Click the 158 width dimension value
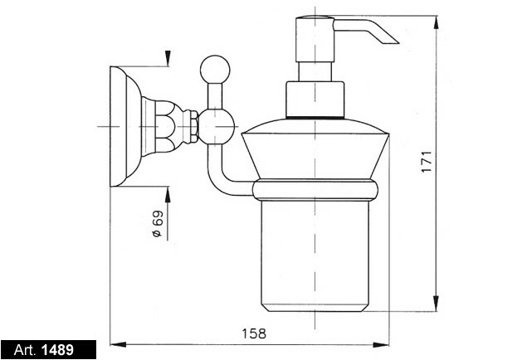pyautogui.click(x=254, y=333)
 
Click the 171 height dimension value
pyautogui.click(x=427, y=162)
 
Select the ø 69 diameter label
pyautogui.click(x=157, y=224)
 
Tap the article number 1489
pyautogui.click(x=57, y=350)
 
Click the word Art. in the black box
pyautogui.click(x=25, y=350)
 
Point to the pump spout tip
pyautogui.click(x=398, y=43)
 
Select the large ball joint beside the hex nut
pyautogui.click(x=217, y=127)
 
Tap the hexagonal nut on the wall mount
pyautogui.click(x=194, y=127)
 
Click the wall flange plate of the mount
pyautogui.click(x=119, y=127)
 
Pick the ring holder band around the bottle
pyautogui.click(x=315, y=190)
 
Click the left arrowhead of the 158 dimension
pyautogui.click(x=119, y=344)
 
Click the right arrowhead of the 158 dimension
pyautogui.click(x=381, y=344)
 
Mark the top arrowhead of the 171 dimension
pyautogui.click(x=436, y=23)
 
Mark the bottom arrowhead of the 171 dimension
pyautogui.click(x=436, y=304)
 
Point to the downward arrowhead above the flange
pyautogui.click(x=168, y=58)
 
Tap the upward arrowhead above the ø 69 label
pyautogui.click(x=168, y=194)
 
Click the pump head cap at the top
pyautogui.click(x=315, y=39)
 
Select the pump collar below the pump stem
pyautogui.click(x=315, y=100)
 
